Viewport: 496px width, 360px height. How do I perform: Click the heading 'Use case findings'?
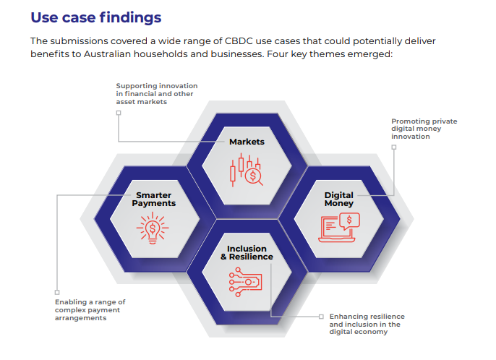click(x=96, y=17)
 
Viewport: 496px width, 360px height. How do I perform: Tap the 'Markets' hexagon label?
click(x=247, y=142)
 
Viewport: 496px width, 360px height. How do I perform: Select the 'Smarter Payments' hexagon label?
click(x=154, y=199)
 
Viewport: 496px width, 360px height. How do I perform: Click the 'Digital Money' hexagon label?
click(x=338, y=199)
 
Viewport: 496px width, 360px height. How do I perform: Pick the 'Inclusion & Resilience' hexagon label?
click(x=247, y=252)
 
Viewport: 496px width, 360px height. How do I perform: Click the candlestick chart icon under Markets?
click(x=246, y=171)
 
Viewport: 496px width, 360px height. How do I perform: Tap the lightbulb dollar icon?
click(x=153, y=229)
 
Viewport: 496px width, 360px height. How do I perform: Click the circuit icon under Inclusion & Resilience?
click(x=247, y=283)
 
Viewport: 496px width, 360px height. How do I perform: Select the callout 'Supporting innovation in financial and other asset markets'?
click(x=156, y=94)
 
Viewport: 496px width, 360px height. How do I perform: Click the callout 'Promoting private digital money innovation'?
click(x=424, y=129)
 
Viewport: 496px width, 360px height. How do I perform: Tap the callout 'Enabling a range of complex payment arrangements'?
click(x=91, y=309)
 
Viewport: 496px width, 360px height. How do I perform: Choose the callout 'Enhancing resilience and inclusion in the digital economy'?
click(x=366, y=325)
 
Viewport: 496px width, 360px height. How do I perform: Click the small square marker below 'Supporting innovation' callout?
click(x=119, y=113)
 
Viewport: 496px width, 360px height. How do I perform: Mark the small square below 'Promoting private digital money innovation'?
click(x=394, y=147)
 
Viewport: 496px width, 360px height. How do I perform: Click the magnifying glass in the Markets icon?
click(x=253, y=176)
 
